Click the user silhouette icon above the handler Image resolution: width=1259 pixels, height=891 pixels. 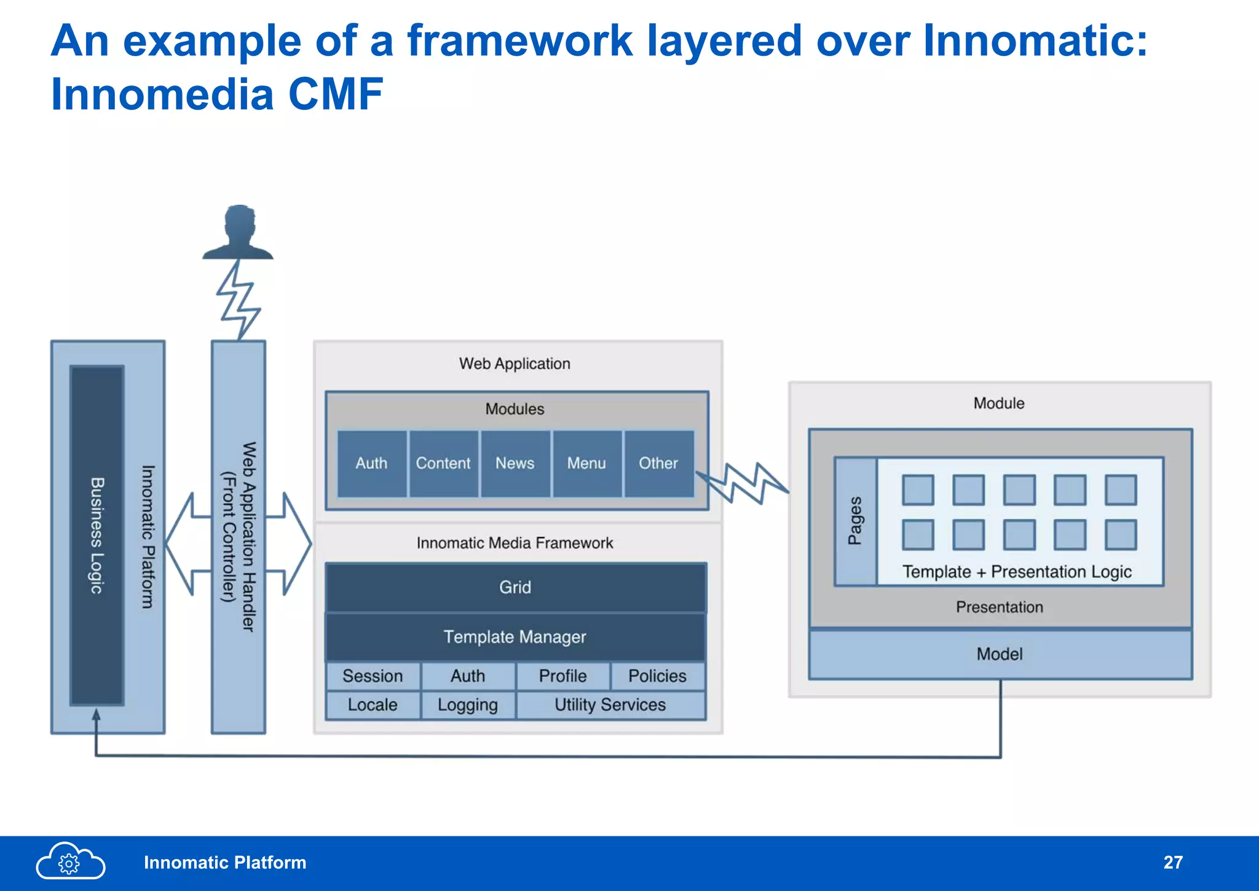239,232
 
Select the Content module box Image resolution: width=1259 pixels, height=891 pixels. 443,464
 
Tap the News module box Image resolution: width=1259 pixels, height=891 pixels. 515,464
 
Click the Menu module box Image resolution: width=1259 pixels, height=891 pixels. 586,464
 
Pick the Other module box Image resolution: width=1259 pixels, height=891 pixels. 658,464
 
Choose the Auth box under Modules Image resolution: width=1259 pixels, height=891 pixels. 371,464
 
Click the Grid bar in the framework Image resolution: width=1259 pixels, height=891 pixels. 515,587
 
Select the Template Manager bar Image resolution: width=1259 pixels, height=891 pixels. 515,637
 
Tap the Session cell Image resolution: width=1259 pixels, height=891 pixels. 373,676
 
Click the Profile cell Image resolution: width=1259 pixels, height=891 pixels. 562,676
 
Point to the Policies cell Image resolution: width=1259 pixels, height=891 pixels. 657,676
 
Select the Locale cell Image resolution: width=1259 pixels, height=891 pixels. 373,705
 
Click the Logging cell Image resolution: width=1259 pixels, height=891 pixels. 467,705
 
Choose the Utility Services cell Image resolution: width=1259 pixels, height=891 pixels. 610,705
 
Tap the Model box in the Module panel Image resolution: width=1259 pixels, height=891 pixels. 1000,654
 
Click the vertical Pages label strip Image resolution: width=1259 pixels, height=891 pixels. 855,521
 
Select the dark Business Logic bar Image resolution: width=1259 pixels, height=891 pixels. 97,535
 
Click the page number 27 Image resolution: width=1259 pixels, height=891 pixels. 1172,863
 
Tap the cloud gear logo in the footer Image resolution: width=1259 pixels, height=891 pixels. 70,862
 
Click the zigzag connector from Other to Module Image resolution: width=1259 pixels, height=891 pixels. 744,483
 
